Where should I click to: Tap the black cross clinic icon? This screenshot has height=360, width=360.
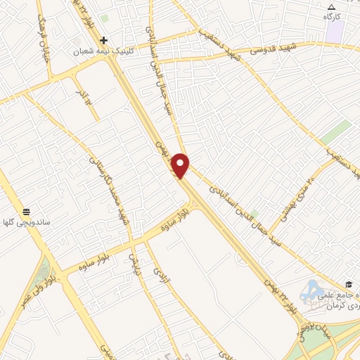[104, 40]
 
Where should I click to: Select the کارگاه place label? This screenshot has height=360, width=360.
[332, 15]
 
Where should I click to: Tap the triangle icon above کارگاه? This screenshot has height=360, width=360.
[332, 6]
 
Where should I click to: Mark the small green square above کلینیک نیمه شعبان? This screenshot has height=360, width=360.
[105, 18]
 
